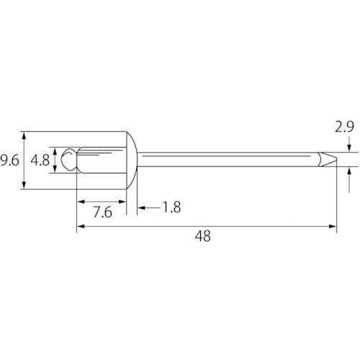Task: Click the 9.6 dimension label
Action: coord(9,161)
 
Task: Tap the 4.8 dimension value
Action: coord(40,161)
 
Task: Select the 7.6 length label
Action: coord(103,212)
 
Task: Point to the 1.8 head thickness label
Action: coord(172,207)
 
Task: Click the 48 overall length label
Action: coord(203,236)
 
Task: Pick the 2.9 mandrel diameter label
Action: coord(344,127)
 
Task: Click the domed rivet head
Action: coord(132,161)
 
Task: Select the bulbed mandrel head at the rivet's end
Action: coord(70,159)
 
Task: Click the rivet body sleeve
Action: coord(102,160)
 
